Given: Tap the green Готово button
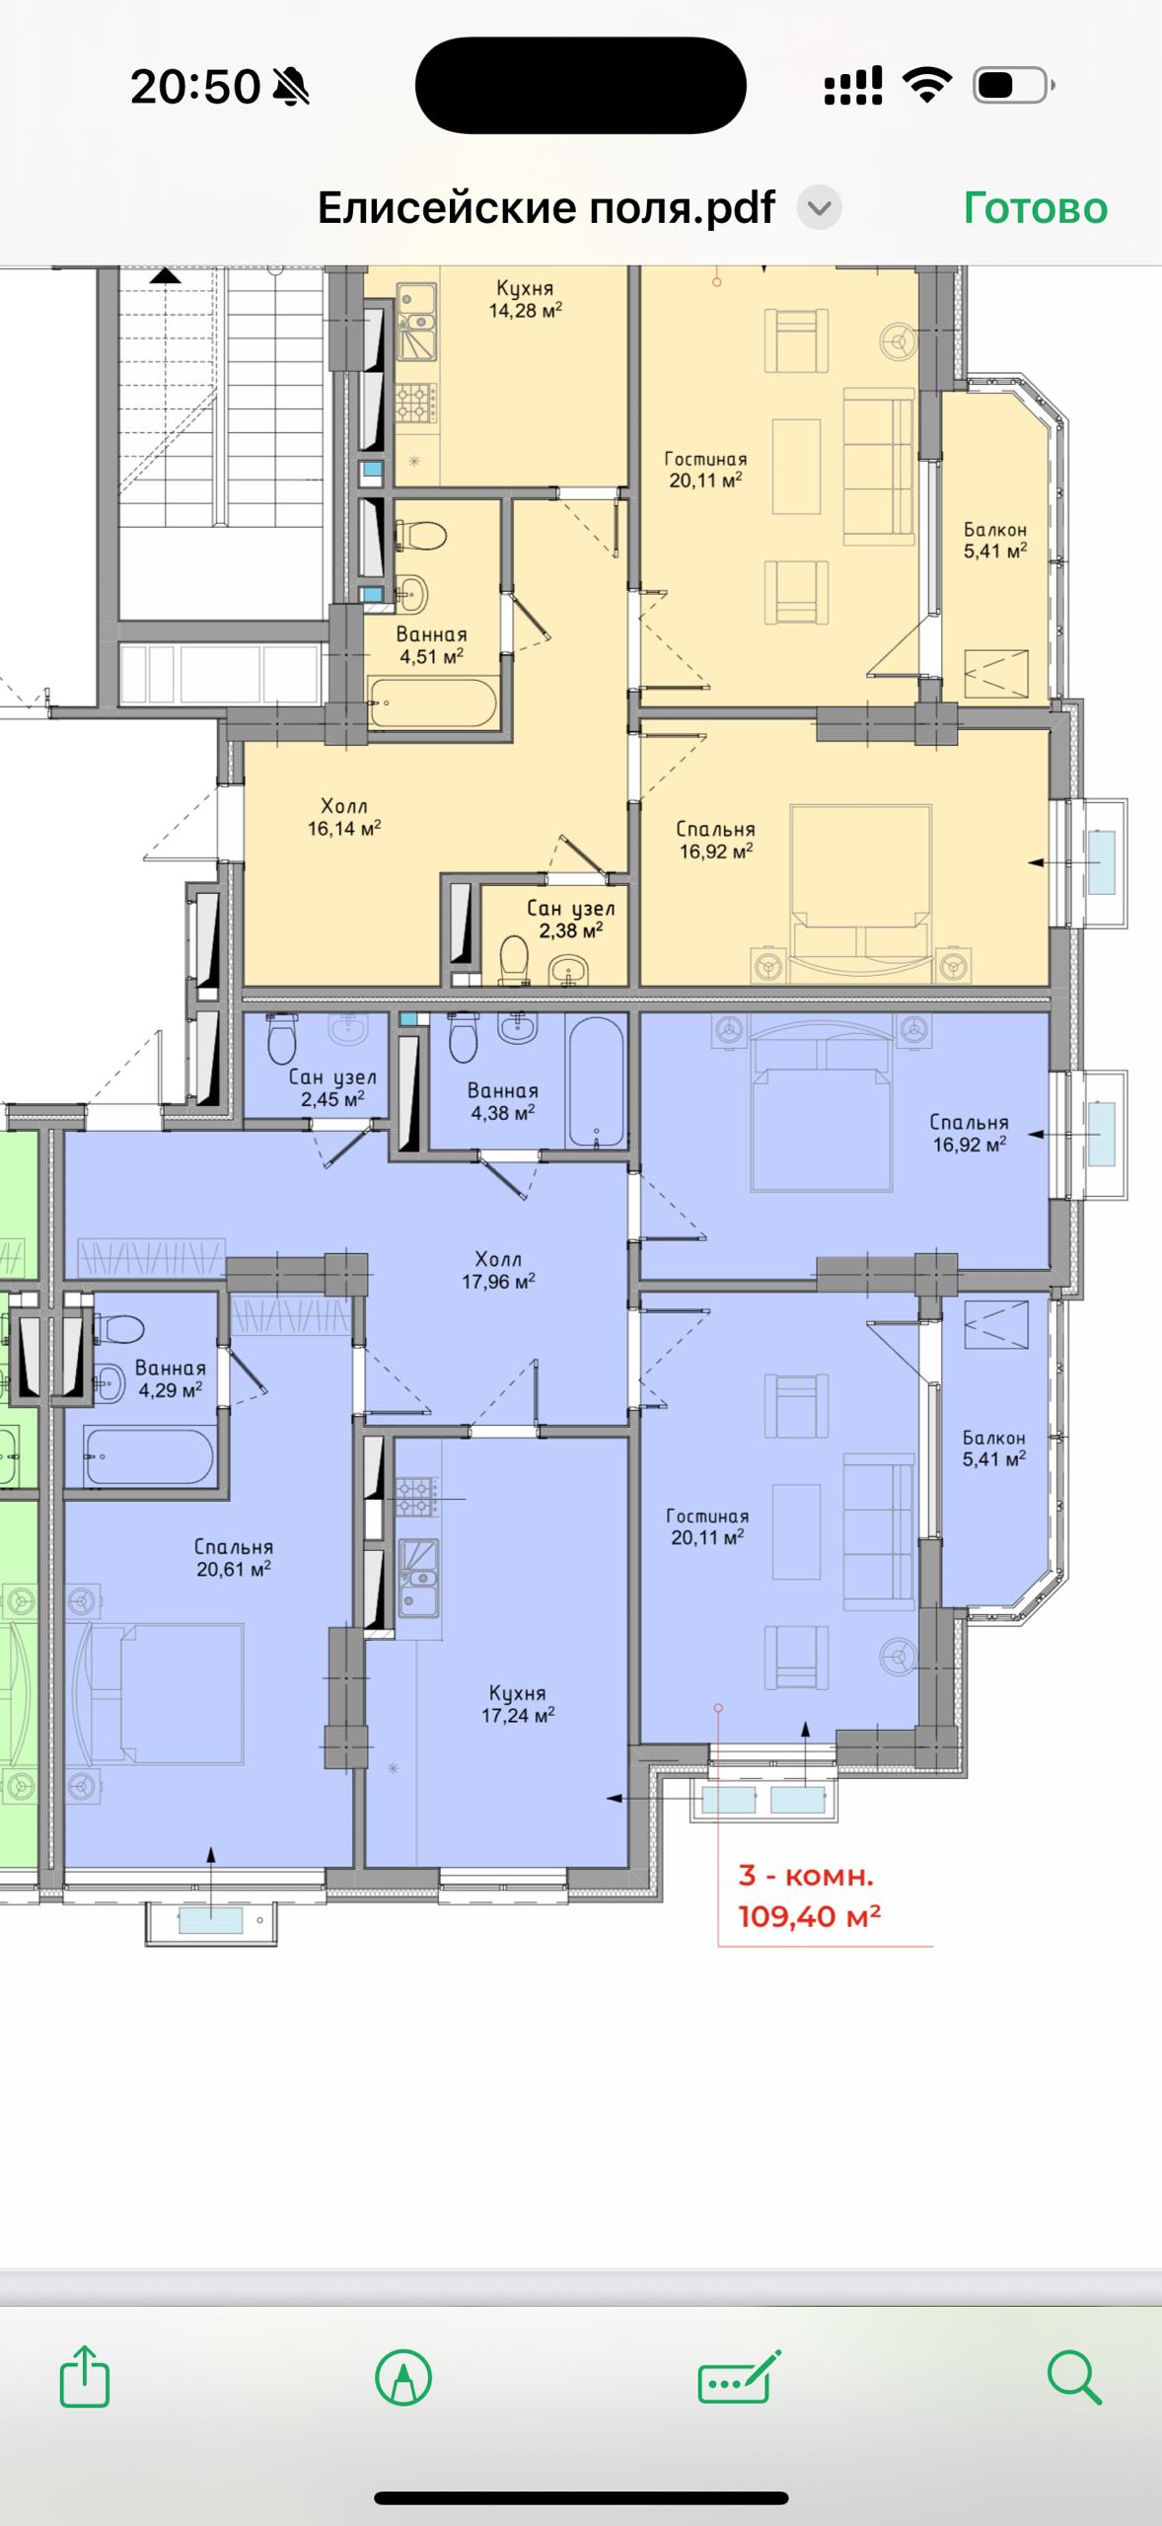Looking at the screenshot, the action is pyautogui.click(x=1035, y=208).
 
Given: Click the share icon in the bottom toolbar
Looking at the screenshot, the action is pyautogui.click(x=85, y=2376).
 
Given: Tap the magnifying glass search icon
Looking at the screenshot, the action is pyautogui.click(x=1073, y=2376).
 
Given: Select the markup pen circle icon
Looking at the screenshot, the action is pyautogui.click(x=403, y=2377).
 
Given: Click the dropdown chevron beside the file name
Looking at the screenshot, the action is pyautogui.click(x=820, y=208).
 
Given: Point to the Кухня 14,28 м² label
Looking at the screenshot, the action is pyautogui.click(x=526, y=299).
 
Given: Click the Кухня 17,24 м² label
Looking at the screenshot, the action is pyautogui.click(x=518, y=1704).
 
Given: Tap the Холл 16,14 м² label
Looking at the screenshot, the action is pyautogui.click(x=344, y=817).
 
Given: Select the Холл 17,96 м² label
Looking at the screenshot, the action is pyautogui.click(x=498, y=1270).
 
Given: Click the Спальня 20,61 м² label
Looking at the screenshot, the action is pyautogui.click(x=234, y=1557).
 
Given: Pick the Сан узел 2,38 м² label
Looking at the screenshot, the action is pyautogui.click(x=571, y=919).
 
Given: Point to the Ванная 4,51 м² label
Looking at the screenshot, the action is pyautogui.click(x=431, y=645).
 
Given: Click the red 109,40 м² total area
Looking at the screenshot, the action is pyautogui.click(x=810, y=1916).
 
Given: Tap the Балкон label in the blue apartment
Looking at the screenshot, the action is pyautogui.click(x=994, y=1438).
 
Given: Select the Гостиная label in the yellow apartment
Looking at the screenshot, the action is pyautogui.click(x=705, y=459).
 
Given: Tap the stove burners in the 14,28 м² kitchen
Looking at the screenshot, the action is pyautogui.click(x=416, y=404).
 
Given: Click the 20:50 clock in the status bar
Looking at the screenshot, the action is pyautogui.click(x=194, y=87).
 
